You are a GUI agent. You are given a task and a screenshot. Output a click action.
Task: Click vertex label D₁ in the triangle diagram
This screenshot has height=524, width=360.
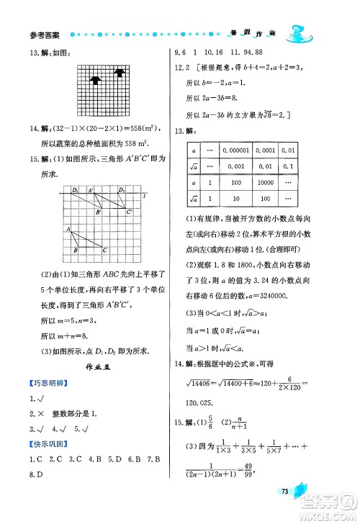(75, 190)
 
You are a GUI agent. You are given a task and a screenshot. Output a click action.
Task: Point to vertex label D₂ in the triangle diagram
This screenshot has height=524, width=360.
(122, 190)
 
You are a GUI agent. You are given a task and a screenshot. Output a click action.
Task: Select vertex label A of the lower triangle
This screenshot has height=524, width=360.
(68, 229)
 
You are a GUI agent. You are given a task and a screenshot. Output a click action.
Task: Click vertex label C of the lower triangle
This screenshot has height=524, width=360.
(104, 250)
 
